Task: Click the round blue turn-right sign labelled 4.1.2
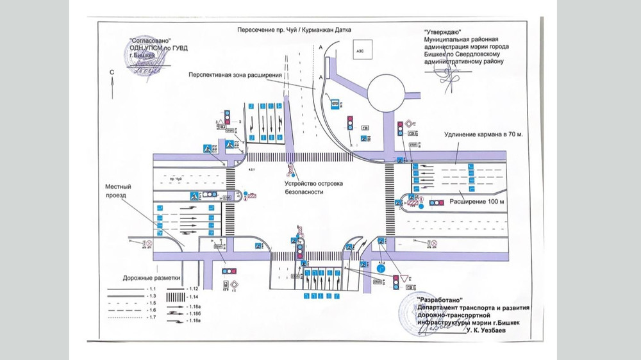click(x=381, y=271)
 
